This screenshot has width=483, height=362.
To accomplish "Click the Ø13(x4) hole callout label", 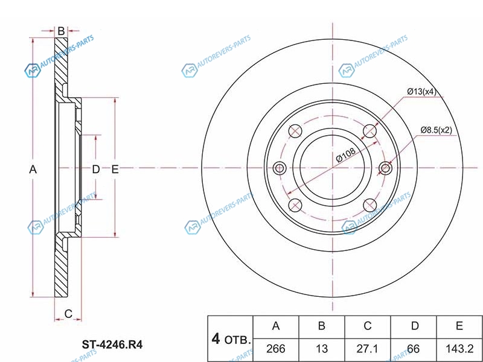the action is [421, 92].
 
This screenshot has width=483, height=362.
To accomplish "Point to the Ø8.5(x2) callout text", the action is [436, 130].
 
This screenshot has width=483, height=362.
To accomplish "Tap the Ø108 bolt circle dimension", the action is [346, 154].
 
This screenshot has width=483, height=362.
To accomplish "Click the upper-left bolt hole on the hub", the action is [295, 131].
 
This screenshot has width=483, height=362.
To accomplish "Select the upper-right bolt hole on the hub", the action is [370, 131].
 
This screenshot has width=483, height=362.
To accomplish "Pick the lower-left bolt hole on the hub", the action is [295, 205].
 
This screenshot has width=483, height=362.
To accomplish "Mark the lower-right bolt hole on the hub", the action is [370, 205].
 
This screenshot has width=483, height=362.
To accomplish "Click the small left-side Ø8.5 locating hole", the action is [280, 168].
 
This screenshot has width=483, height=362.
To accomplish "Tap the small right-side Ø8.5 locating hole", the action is [385, 168].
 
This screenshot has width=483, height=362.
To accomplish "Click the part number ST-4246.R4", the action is [112, 345].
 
